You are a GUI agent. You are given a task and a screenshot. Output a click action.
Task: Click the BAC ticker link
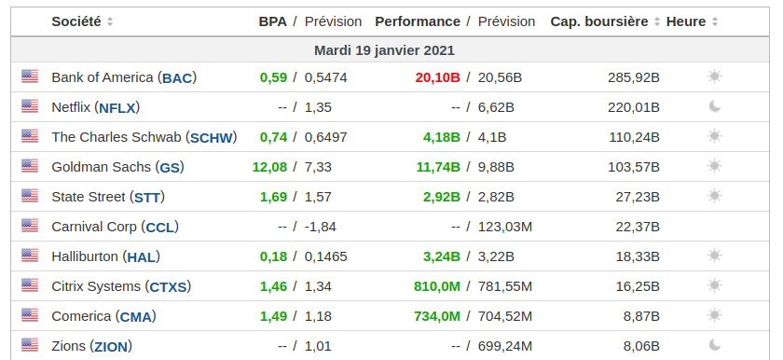[x=177, y=78]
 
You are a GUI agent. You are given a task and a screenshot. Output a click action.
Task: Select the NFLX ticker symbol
[x=117, y=108]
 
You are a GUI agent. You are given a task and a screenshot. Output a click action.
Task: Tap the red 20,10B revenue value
[x=437, y=77]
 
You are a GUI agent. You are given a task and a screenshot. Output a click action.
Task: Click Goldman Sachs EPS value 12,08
[x=269, y=167]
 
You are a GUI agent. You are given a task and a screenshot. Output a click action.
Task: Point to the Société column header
[x=76, y=21]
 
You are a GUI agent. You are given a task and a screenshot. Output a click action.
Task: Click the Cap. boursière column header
[x=599, y=21]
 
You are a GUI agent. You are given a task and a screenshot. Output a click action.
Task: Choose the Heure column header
[x=686, y=21]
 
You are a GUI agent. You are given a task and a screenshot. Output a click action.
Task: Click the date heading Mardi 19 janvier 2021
[x=384, y=50]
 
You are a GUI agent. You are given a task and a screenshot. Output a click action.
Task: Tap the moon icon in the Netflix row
[x=715, y=106]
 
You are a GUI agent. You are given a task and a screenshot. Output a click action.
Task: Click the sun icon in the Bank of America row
[x=715, y=76]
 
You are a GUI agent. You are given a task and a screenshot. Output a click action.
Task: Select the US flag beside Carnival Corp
[x=30, y=226]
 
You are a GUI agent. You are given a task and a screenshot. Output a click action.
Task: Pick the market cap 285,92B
[x=634, y=77]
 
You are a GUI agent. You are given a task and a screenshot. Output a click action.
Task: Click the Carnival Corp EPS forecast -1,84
[x=320, y=227]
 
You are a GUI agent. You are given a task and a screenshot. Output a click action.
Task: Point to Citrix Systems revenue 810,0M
[x=437, y=286]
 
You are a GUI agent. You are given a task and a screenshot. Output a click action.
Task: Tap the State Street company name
[x=89, y=197]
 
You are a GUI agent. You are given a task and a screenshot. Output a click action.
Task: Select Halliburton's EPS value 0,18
[x=274, y=256]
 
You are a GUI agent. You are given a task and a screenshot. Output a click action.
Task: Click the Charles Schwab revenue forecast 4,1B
[x=492, y=137]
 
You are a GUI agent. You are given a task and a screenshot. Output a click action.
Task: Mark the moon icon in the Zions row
[x=715, y=345]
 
